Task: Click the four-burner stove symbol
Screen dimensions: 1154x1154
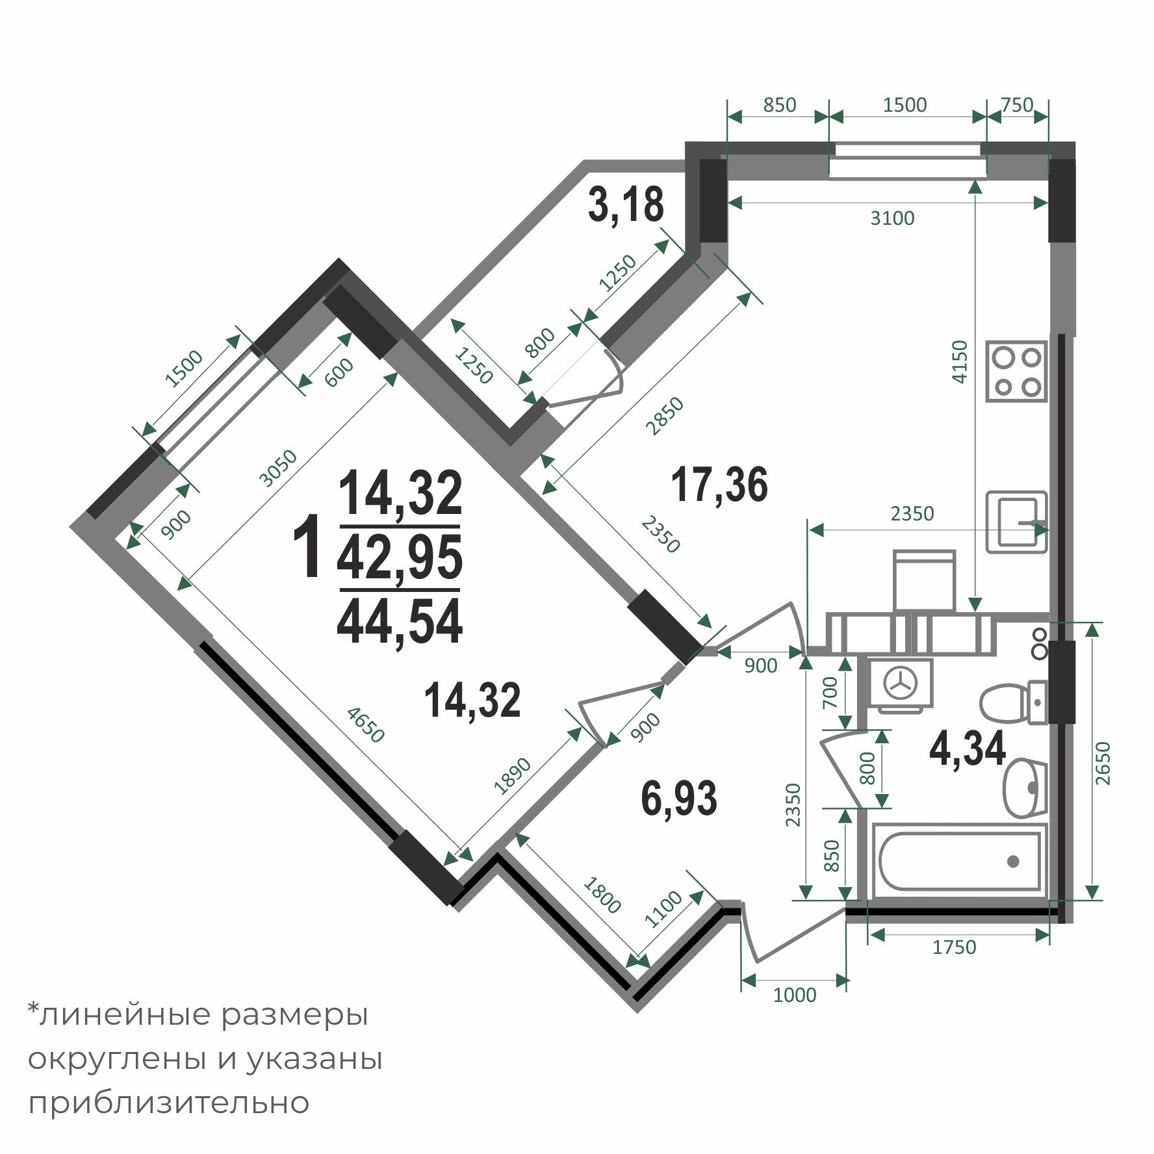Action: click(1017, 370)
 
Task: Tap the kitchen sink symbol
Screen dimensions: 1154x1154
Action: click(1017, 522)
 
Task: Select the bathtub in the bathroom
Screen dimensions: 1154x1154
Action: click(959, 862)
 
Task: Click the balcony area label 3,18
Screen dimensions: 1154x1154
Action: click(626, 204)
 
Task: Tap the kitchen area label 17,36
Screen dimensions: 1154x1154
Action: click(719, 484)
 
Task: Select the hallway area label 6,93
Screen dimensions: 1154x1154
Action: click(679, 798)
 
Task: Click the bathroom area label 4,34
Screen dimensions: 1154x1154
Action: click(968, 749)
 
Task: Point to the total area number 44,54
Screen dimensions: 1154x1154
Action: click(400, 621)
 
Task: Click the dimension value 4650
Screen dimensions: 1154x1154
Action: click(366, 724)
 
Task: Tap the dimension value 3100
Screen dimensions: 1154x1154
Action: click(892, 218)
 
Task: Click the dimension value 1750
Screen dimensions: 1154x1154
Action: click(954, 947)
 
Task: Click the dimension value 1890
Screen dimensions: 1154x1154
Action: click(513, 775)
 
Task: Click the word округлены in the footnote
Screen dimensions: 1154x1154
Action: click(116, 1060)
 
